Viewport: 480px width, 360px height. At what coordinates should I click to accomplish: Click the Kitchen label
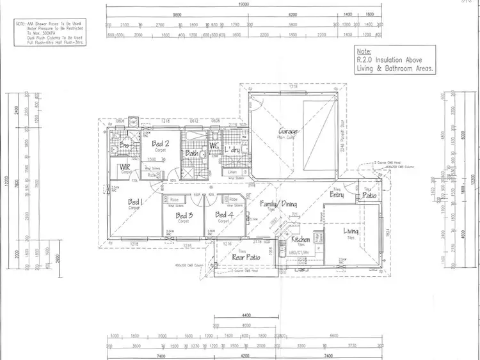click(x=301, y=239)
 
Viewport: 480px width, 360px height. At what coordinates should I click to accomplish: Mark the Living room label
click(x=351, y=231)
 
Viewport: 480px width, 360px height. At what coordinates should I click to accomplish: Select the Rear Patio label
click(x=244, y=257)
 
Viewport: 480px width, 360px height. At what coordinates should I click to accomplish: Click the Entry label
click(x=337, y=194)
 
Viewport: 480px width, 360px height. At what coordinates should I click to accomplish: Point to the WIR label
click(x=125, y=168)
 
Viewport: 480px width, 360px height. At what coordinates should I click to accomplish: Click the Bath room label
click(x=191, y=153)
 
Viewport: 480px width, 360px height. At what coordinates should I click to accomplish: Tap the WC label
click(x=214, y=146)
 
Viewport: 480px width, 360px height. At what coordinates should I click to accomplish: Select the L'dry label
click(x=232, y=150)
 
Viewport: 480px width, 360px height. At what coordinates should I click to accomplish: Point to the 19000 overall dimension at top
click(x=243, y=4)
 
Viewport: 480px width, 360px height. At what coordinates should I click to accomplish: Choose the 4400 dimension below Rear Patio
click(x=244, y=316)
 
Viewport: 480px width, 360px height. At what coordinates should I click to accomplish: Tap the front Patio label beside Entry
click(x=369, y=196)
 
